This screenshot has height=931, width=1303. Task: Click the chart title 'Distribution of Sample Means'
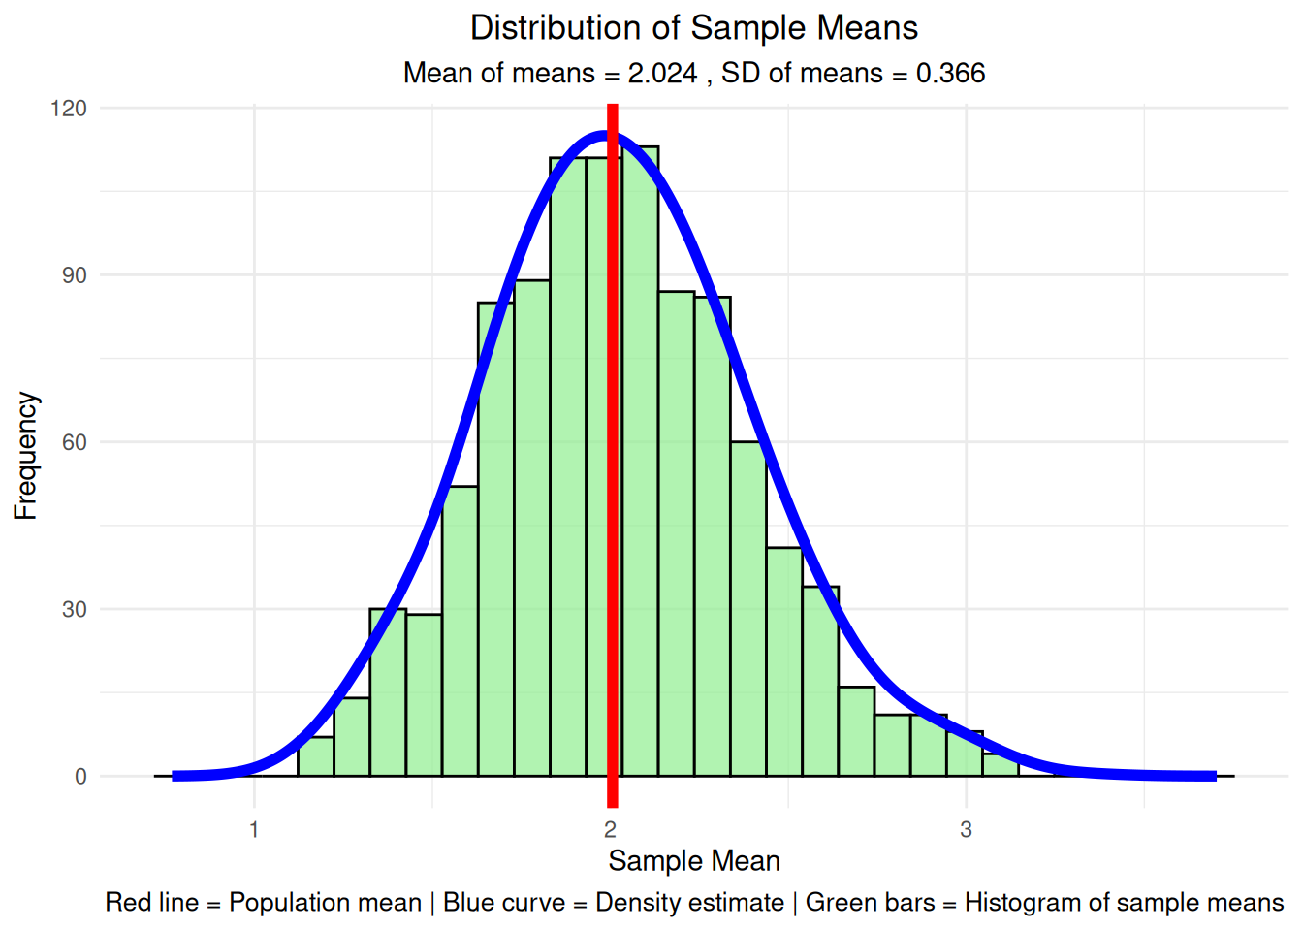tap(693, 28)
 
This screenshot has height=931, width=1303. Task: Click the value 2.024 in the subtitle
tap(662, 74)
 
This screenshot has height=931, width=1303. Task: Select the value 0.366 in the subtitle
tap(950, 74)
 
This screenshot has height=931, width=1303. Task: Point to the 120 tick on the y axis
tap(69, 109)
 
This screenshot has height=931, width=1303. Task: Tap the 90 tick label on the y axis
tap(75, 275)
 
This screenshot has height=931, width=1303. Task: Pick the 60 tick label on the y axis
tap(75, 442)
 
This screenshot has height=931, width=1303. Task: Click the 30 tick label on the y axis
tap(75, 610)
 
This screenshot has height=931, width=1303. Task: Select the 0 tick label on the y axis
tap(80, 777)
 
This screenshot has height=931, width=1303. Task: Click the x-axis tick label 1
tap(254, 830)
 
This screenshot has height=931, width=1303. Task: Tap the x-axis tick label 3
tap(966, 830)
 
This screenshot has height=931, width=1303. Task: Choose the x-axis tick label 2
tap(610, 830)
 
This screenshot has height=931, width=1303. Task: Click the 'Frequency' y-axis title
tap(26, 456)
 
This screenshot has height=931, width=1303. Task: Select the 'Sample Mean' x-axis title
tap(693, 861)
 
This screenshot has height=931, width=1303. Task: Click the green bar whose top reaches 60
tap(748, 611)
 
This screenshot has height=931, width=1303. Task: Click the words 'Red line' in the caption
tap(151, 903)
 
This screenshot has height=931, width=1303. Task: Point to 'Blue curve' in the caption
tap(503, 903)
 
